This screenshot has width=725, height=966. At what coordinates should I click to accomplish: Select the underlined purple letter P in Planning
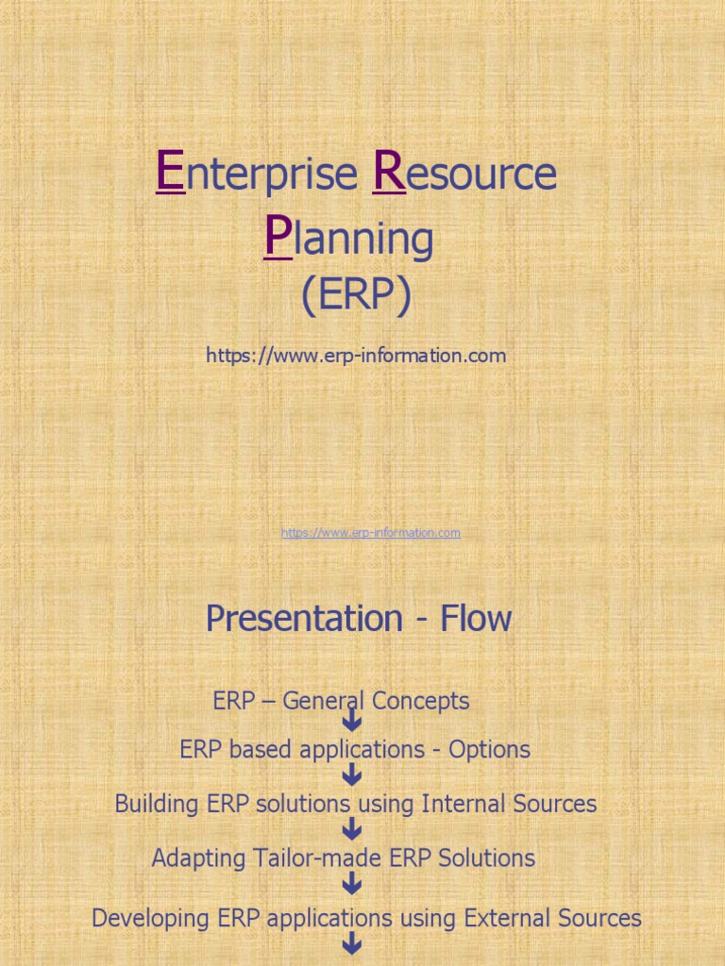[x=278, y=238]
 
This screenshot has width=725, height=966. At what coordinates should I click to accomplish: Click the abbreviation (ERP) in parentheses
[x=357, y=297]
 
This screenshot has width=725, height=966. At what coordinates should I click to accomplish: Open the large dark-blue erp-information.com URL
[x=356, y=356]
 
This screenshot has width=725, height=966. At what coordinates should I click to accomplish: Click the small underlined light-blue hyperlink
[x=370, y=533]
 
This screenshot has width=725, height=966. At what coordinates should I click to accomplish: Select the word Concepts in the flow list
[x=420, y=701]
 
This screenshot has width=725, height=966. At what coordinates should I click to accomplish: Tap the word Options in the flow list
[x=489, y=750]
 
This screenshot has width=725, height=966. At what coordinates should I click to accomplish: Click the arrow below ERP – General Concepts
[x=353, y=722]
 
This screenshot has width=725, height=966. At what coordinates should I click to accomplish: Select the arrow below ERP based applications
[x=353, y=775]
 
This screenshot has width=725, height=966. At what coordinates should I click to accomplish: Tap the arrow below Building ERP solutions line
[x=353, y=829]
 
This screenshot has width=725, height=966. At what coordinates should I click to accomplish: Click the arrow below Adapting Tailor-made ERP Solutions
[x=353, y=884]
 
